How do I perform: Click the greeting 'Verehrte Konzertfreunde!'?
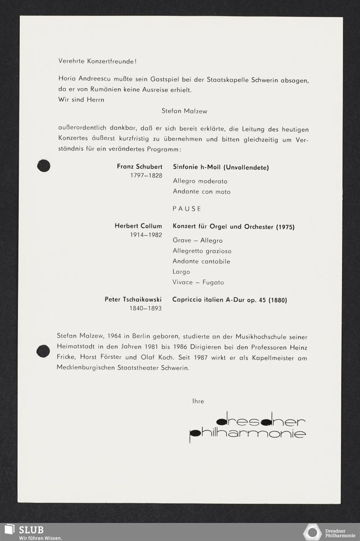97,61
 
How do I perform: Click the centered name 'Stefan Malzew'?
184,111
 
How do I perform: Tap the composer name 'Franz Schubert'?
139,167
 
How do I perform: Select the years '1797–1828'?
146,176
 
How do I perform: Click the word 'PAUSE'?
187,209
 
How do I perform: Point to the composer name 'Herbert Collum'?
138,226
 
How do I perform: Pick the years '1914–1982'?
146,235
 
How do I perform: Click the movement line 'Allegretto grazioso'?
202,251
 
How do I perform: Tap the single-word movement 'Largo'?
181,272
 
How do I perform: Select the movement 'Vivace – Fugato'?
198,282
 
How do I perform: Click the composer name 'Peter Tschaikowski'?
133,299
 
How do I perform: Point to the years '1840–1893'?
145,308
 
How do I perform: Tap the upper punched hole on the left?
44,166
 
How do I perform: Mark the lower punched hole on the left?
44,351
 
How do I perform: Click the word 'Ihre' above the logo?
198,401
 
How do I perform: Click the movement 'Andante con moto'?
202,192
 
